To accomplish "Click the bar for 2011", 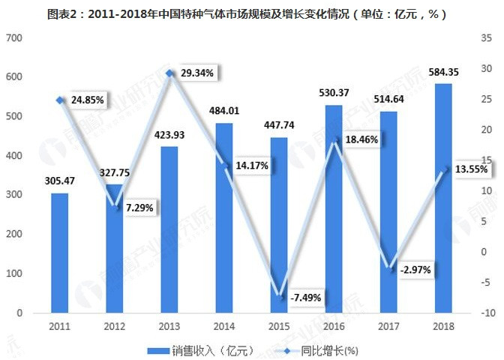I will click(x=60, y=253).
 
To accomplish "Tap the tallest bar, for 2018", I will click(x=443, y=198).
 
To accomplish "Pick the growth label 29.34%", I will click(x=197, y=73).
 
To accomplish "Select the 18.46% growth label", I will click(x=361, y=139).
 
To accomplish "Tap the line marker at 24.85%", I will click(x=60, y=100).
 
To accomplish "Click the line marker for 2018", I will click(x=443, y=169).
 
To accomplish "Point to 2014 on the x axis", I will click(x=224, y=327).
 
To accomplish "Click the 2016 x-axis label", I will click(x=334, y=327).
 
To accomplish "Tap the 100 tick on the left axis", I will click(x=15, y=274).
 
